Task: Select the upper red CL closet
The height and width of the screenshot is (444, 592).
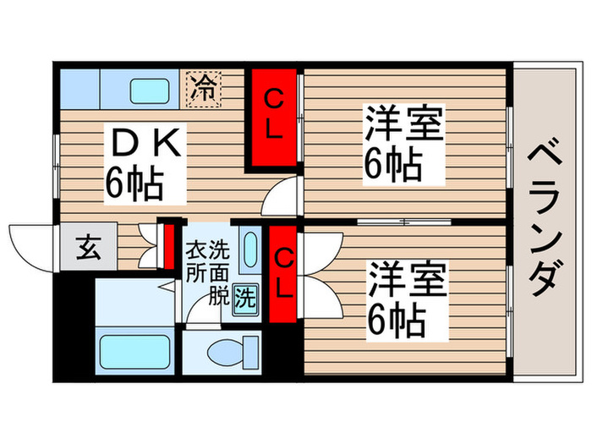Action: click(272, 118)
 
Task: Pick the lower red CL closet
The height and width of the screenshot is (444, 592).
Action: click(282, 271)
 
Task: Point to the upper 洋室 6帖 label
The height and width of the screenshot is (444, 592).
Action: click(403, 142)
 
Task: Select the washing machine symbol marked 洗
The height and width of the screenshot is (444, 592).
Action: click(244, 297)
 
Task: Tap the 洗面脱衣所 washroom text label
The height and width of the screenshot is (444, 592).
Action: click(208, 272)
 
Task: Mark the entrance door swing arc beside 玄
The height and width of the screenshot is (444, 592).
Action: click(32, 244)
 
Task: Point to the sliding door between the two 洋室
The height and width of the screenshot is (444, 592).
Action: click(403, 222)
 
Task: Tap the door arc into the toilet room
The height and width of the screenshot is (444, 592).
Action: click(200, 315)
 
